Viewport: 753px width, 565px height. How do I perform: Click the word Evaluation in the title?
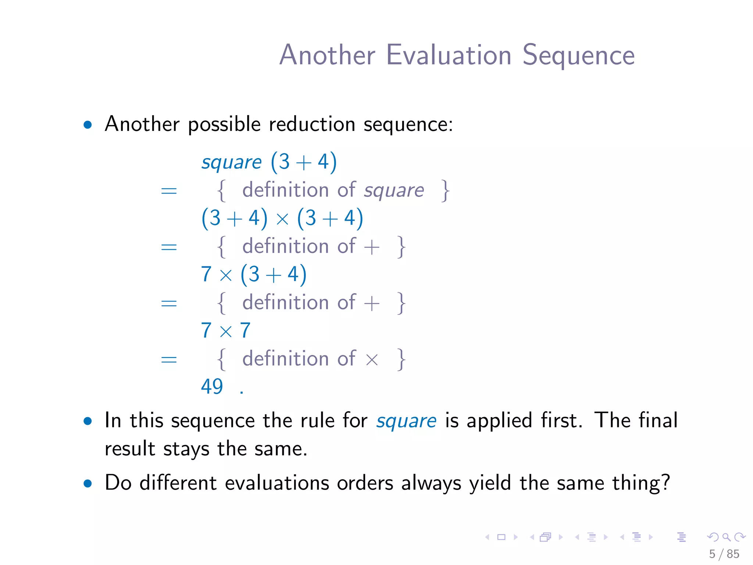tap(449, 55)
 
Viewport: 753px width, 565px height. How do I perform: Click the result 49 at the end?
tap(212, 387)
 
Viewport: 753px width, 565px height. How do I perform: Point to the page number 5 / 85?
tap(724, 554)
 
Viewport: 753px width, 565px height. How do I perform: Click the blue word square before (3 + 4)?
tap(231, 162)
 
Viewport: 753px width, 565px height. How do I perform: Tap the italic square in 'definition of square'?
tap(394, 191)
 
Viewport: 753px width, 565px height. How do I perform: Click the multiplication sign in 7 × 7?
tap(226, 331)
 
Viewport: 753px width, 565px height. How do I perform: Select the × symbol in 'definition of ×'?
tap(372, 359)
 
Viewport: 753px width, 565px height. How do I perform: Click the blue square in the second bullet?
tap(406, 421)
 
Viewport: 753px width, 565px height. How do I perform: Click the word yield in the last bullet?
tap(490, 483)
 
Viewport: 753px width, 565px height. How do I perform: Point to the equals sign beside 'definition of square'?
tap(169, 191)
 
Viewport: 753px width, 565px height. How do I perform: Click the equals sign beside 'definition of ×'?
tap(169, 359)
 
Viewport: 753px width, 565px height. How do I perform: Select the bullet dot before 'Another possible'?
tap(88, 125)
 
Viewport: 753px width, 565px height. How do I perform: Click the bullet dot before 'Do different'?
tap(88, 483)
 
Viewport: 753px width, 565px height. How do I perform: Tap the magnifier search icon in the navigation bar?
tap(726, 537)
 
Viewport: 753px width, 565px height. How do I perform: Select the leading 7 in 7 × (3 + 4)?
tap(206, 274)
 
